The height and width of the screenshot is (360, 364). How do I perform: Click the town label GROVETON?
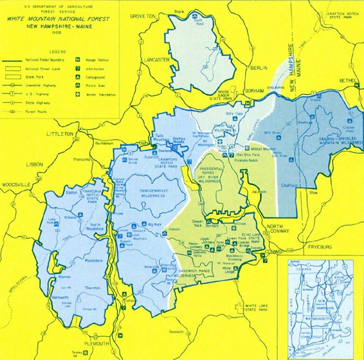(x=142, y=16)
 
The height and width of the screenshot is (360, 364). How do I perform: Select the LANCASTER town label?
(x=156, y=60)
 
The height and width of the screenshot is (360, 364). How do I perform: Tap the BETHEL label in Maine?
(x=347, y=80)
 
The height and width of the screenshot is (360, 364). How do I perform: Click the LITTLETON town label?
(x=60, y=134)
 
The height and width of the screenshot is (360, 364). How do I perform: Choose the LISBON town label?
(x=35, y=164)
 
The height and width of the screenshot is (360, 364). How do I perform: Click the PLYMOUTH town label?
(x=96, y=344)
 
